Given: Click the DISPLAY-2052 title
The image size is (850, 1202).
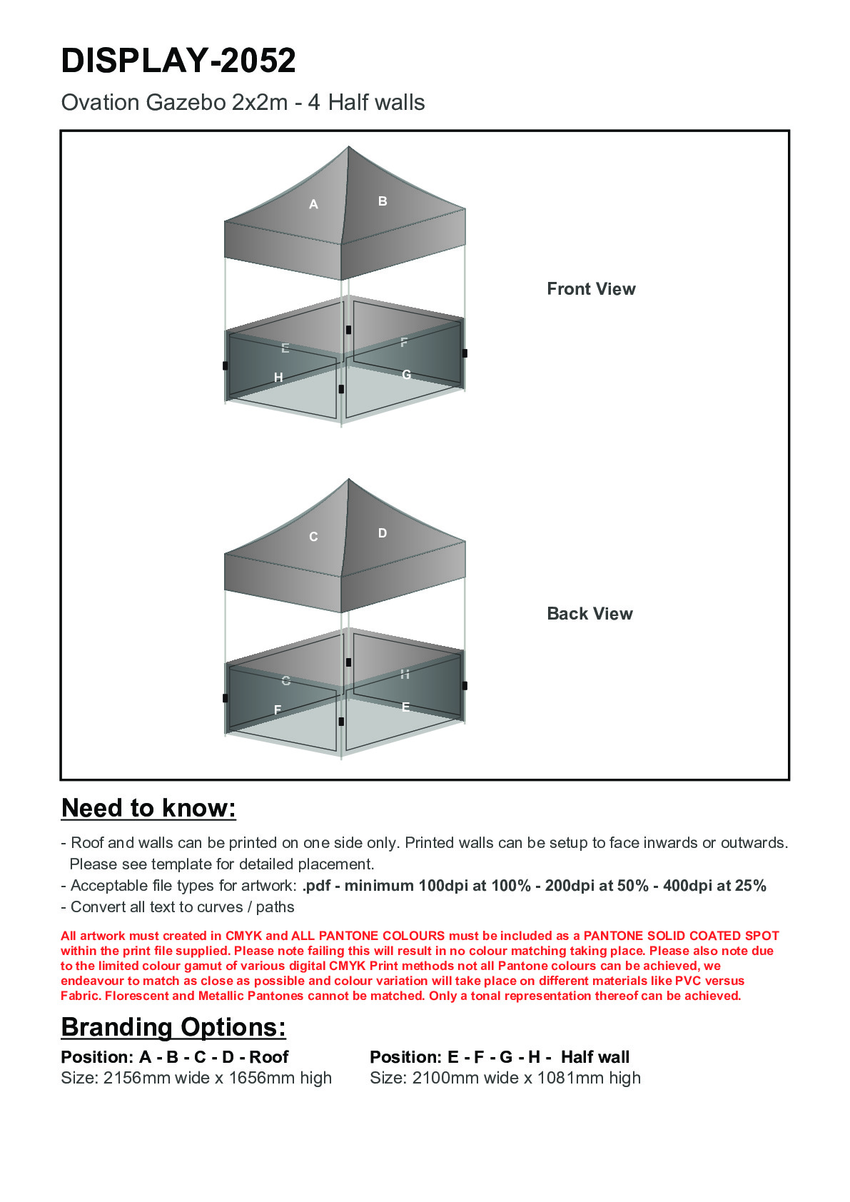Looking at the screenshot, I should (x=178, y=61).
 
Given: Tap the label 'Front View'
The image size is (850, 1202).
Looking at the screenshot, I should (x=591, y=289).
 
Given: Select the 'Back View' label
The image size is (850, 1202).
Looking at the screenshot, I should (x=590, y=614).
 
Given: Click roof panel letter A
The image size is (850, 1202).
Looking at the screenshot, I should (x=313, y=205).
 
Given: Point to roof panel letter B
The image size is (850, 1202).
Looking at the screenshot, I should (x=383, y=201).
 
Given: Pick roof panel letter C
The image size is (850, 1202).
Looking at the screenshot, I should (x=313, y=537).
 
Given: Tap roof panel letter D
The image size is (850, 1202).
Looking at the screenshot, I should (x=383, y=533).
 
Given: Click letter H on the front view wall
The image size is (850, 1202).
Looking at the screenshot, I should (x=278, y=377).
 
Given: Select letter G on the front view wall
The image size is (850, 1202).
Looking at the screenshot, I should (x=406, y=375).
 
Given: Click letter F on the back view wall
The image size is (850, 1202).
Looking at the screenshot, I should (x=278, y=709).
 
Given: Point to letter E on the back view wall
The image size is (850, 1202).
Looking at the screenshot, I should (x=405, y=707).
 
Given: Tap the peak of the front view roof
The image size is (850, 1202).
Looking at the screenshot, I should (x=348, y=148).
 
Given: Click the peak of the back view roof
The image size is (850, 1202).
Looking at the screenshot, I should (x=348, y=480).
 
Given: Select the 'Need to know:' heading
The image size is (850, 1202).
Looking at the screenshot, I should (x=148, y=808).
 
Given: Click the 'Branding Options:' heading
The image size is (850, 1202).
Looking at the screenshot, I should (x=173, y=1027).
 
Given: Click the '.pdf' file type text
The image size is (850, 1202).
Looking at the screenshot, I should (x=317, y=886).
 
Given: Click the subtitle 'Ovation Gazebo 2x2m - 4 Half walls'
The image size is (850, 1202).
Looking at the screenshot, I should (x=243, y=103).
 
